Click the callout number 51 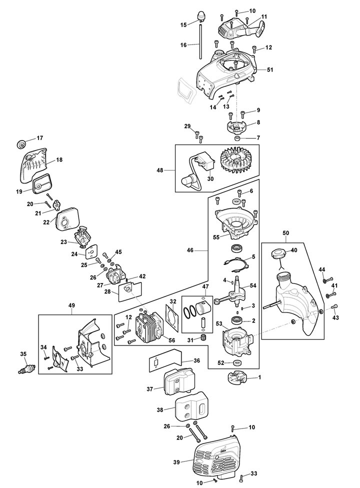point(270,69)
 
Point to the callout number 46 point(190,250)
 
